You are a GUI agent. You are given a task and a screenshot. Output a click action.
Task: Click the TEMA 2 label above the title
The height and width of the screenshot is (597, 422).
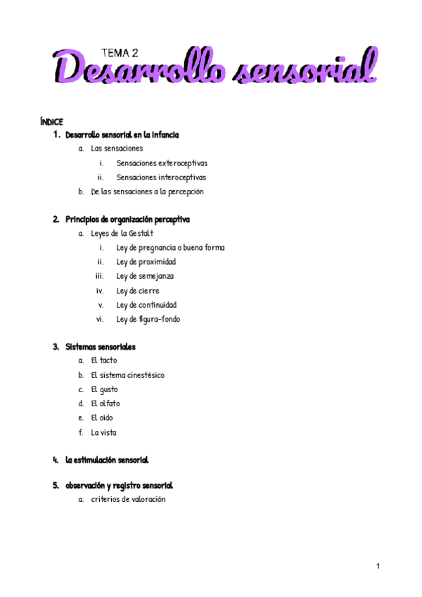pyautogui.click(x=120, y=52)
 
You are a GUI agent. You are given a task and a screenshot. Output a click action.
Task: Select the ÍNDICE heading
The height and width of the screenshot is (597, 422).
pyautogui.click(x=52, y=122)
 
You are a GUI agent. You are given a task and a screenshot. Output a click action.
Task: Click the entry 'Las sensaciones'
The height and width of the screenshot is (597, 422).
pyautogui.click(x=117, y=149)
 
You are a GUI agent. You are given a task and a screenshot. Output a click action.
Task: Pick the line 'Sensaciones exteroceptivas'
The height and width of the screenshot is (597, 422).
pyautogui.click(x=162, y=163)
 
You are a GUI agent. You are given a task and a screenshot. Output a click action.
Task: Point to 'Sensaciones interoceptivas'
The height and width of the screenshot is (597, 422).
pyautogui.click(x=161, y=177)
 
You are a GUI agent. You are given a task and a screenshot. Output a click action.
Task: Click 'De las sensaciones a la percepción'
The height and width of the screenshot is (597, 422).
pyautogui.click(x=147, y=191)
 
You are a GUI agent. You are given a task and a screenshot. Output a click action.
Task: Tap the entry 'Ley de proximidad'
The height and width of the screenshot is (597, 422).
pyautogui.click(x=146, y=262)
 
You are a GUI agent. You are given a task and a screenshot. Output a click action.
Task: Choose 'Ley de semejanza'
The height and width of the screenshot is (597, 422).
pyautogui.click(x=145, y=276)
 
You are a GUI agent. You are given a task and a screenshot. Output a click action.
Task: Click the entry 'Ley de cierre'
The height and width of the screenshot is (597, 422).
pyautogui.click(x=138, y=291)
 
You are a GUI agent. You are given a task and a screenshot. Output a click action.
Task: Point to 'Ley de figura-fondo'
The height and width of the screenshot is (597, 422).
pyautogui.click(x=148, y=319)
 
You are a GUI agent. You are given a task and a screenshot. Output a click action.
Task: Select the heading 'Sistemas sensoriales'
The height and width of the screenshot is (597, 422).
pyautogui.click(x=101, y=346)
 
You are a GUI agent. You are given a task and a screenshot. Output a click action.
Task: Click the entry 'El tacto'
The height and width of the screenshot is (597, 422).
pyautogui.click(x=104, y=360)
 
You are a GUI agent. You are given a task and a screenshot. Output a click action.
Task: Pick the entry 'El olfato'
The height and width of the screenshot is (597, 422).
pyautogui.click(x=105, y=403)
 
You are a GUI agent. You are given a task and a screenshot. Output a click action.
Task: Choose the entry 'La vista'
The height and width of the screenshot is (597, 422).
pyautogui.click(x=104, y=432)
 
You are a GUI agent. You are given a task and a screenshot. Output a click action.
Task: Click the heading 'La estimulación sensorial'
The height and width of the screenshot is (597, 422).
pyautogui.click(x=106, y=460)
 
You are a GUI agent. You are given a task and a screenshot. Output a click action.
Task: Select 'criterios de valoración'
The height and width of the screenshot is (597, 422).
pyautogui.click(x=128, y=499)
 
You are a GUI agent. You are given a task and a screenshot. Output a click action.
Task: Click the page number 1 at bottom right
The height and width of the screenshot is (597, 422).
pyautogui.click(x=378, y=566)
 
